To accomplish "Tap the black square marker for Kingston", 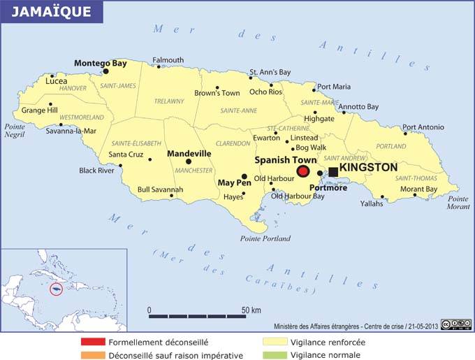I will (x=333, y=171).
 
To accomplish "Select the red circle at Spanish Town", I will (x=303, y=171).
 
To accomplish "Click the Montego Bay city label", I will (x=101, y=63).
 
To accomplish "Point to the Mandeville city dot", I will (x=189, y=161).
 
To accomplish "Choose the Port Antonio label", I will (x=423, y=127).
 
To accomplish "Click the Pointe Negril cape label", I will (x=15, y=130).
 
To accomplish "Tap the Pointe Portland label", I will (x=265, y=238).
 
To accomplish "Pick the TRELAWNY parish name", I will (x=169, y=102).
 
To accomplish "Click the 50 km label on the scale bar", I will (x=251, y=310).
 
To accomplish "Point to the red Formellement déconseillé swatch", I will (x=92, y=343).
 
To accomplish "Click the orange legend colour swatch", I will (x=92, y=355).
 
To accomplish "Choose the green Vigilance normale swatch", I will (x=275, y=355).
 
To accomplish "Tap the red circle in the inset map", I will (x=57, y=288).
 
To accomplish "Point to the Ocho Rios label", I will (x=265, y=92).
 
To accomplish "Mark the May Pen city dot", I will (x=244, y=177).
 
